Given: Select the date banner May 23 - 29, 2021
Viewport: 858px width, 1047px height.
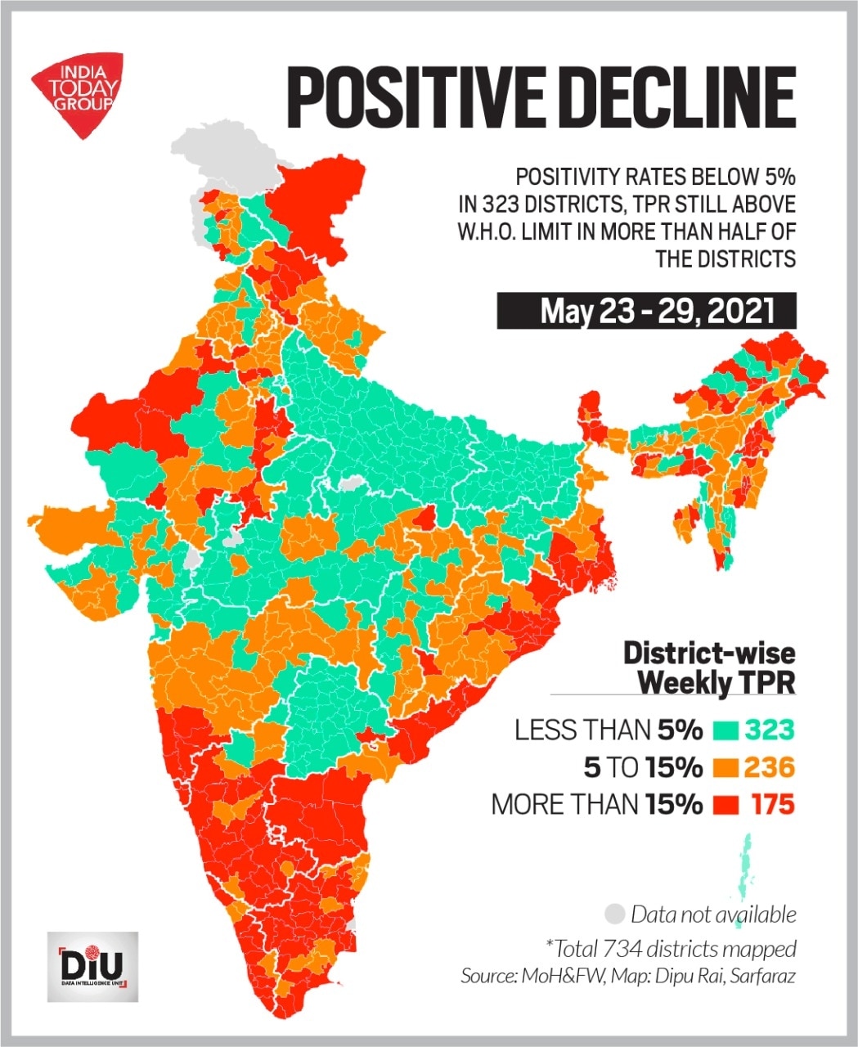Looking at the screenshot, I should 646,311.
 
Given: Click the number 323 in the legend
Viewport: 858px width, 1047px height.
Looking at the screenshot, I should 768,730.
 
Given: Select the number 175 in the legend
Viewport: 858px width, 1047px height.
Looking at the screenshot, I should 772,805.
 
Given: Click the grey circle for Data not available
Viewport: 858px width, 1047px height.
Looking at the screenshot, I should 616,913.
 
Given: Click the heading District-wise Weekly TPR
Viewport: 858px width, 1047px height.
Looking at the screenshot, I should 708,667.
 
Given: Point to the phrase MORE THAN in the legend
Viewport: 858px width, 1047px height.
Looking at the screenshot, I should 564,805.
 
